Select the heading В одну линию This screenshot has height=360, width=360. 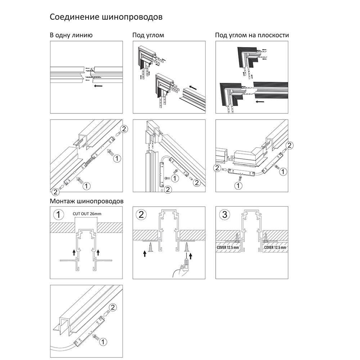tap(71, 35)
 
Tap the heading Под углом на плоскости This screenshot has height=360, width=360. tap(252, 35)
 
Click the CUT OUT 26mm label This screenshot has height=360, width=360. tap(87, 214)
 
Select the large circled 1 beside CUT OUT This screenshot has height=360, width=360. tap(59, 215)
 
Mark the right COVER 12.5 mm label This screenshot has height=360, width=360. tap(275, 248)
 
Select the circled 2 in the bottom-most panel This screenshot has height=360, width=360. tap(112, 307)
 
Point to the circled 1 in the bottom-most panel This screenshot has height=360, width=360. tap(102, 341)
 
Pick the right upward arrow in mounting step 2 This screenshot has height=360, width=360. tap(191, 256)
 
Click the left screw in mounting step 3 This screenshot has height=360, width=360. tap(237, 237)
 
